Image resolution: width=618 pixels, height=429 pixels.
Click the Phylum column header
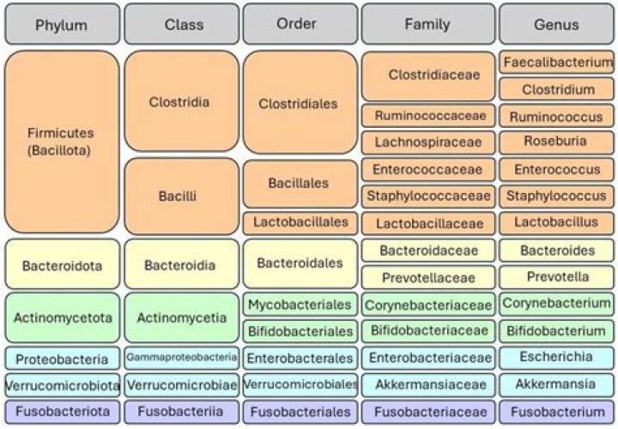pos(61,25)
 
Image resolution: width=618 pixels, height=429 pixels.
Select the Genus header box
pos(556,25)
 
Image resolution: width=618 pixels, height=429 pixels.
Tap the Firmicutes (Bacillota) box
pos(61,142)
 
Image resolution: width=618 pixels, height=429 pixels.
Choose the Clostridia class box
pos(181,101)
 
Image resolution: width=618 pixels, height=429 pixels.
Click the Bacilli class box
pos(181,196)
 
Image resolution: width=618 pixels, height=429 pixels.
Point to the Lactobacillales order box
pos(300,222)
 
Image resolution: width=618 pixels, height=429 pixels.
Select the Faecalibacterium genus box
pos(556,63)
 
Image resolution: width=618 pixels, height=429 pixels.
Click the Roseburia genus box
pos(556,142)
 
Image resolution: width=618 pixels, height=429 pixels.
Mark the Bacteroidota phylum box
pos(61,265)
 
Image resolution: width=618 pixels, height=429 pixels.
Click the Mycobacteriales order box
pos(300,304)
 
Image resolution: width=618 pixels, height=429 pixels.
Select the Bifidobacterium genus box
pos(556,330)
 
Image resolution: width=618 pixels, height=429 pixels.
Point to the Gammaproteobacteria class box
pos(181,357)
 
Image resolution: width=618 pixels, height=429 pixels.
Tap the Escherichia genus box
pos(556,357)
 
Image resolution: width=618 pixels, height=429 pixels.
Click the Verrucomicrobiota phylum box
pos(61,384)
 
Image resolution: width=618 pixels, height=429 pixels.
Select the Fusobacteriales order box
pos(300,412)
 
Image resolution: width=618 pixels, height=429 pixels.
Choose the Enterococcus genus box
pos(556,169)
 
